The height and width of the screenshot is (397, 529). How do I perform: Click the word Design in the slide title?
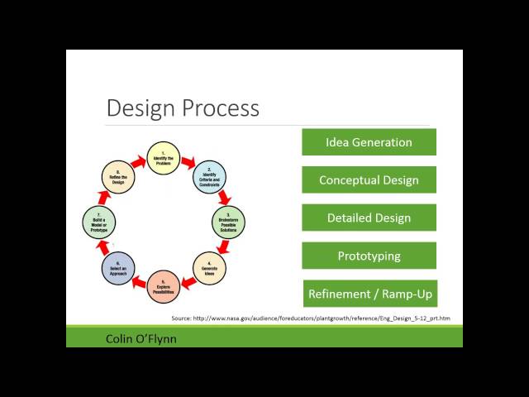point(139,108)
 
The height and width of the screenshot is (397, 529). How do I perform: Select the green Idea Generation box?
point(369,142)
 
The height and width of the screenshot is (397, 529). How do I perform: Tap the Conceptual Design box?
point(369,180)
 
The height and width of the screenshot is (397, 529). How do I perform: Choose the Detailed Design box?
point(369,218)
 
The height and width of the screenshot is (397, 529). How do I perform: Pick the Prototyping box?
point(369,256)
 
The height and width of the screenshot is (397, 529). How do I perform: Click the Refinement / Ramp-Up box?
point(369,294)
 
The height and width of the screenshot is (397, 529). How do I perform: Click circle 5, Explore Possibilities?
point(163,286)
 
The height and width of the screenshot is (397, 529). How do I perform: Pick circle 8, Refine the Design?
point(117,177)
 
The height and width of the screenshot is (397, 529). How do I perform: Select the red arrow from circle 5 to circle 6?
point(138,281)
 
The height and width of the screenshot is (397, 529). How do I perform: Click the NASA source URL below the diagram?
point(311,318)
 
